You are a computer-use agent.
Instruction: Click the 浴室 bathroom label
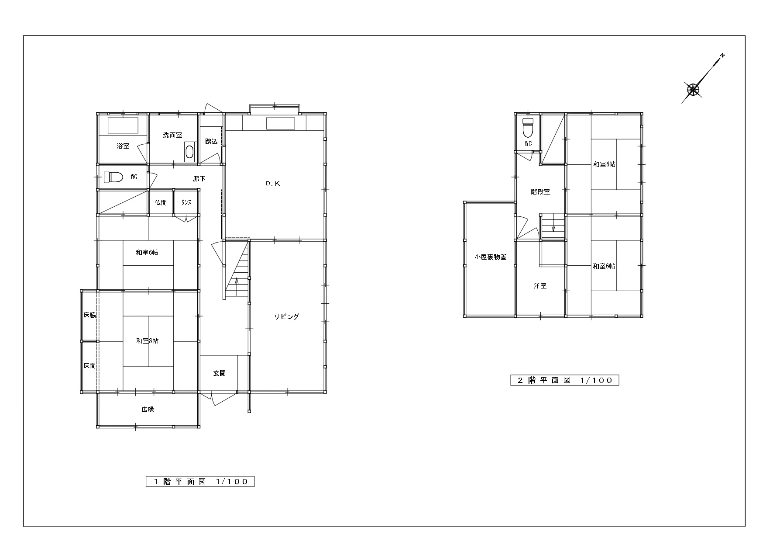[x=123, y=146]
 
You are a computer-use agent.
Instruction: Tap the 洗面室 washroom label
[x=172, y=135]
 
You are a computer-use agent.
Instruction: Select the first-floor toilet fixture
[x=113, y=177]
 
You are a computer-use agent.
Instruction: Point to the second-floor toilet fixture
[x=528, y=127]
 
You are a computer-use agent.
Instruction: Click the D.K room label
[x=273, y=184]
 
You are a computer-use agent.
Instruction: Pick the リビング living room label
[x=287, y=316]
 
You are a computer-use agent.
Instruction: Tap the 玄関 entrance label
[x=219, y=373]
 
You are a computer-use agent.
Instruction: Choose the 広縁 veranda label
[x=148, y=410]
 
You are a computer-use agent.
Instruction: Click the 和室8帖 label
[x=147, y=341]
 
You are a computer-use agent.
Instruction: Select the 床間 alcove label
[x=89, y=365]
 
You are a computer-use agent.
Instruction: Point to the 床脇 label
[x=89, y=315]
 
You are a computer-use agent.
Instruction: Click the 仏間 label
[x=161, y=203]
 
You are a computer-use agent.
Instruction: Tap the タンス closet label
[x=186, y=203]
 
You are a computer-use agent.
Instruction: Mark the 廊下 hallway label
[x=199, y=179]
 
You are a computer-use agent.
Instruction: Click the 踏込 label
[x=211, y=142]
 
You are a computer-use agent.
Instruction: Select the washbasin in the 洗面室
[x=189, y=152]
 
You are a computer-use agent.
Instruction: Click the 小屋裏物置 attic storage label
[x=491, y=257]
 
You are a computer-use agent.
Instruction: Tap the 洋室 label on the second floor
[x=540, y=286]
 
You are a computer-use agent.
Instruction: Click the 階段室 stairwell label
[x=540, y=192]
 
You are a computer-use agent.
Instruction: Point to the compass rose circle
[x=693, y=90]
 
